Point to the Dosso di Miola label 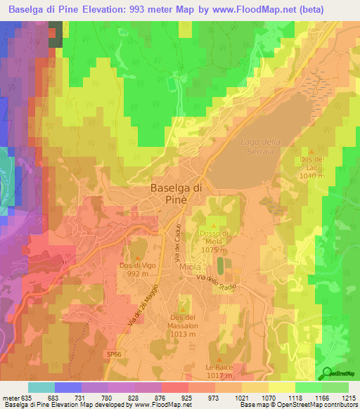click(214, 241)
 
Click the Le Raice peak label click(219, 371)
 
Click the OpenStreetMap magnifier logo click(328, 373)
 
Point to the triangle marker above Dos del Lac click(312, 150)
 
